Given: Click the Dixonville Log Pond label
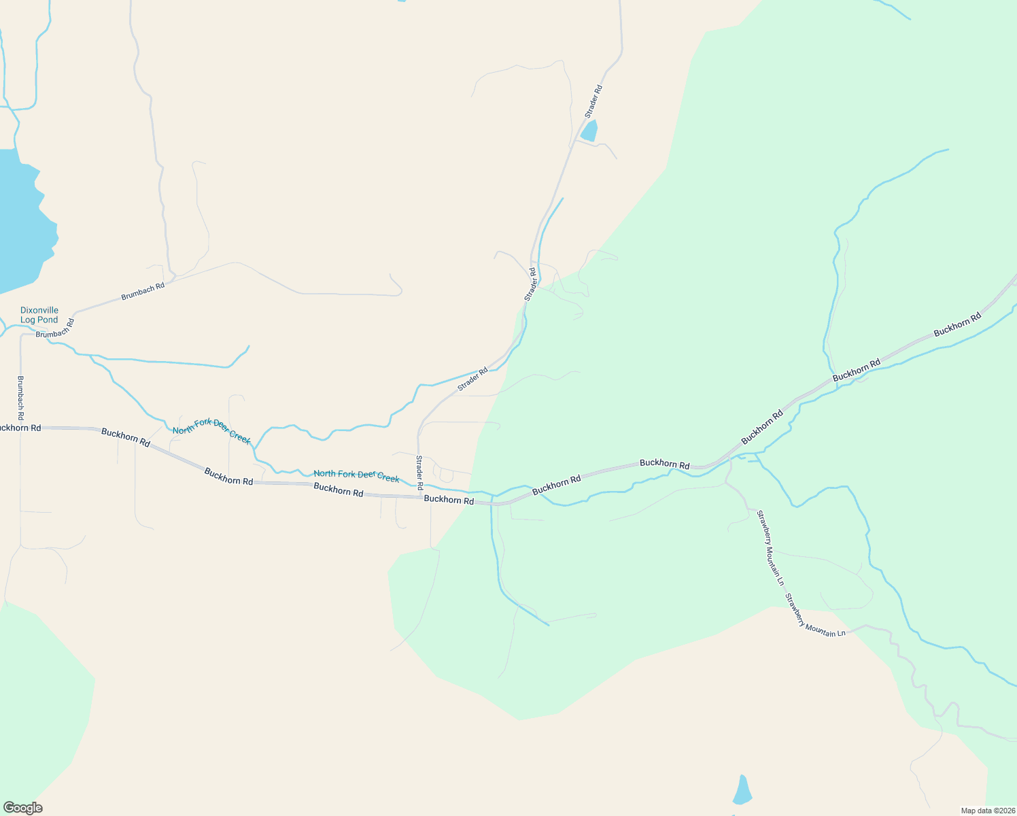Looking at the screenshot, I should coord(39,315).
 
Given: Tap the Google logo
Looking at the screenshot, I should coord(22,808).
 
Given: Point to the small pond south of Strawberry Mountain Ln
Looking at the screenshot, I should coord(742,790).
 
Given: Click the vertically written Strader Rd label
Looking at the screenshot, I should coord(419,472).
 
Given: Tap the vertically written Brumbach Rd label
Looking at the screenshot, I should coord(20,397).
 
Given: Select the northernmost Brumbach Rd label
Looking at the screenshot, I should coord(143,292).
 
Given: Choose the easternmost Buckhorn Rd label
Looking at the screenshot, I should coord(957,324).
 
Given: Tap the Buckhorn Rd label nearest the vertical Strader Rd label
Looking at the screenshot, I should coord(449,500).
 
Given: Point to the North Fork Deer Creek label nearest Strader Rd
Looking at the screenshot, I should coord(356,475).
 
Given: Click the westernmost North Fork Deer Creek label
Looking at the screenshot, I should coord(211,431).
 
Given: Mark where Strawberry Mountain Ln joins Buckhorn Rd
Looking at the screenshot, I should coord(729,460).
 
